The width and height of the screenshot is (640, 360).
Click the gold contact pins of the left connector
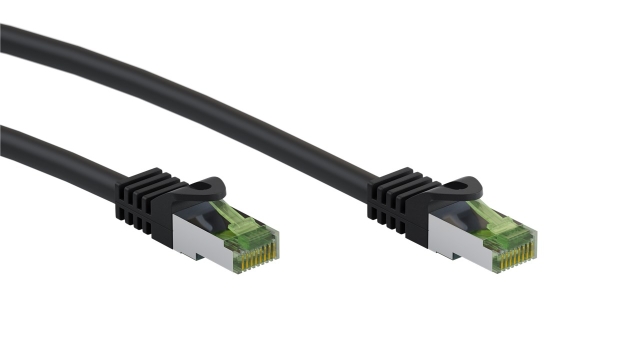(258, 259)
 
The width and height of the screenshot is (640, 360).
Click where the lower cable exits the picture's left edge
(3, 136)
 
